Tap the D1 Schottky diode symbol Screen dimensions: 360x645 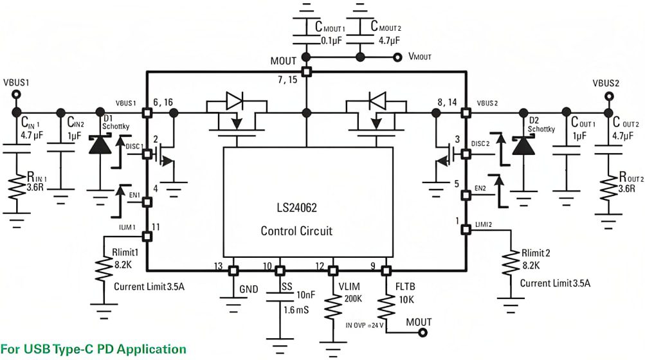pos(99,145)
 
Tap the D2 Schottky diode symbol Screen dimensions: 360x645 pos(520,145)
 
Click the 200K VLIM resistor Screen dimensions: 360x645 pos(333,307)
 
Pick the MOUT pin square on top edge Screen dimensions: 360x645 pos(307,71)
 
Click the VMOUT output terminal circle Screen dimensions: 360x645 pos(398,57)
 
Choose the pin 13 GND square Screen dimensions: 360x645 pos(233,270)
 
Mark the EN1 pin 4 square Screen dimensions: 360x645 pos(147,202)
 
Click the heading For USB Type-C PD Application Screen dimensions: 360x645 pos(93,349)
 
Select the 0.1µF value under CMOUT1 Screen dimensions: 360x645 pos(334,40)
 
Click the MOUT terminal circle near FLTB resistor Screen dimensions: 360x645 pos(423,332)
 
